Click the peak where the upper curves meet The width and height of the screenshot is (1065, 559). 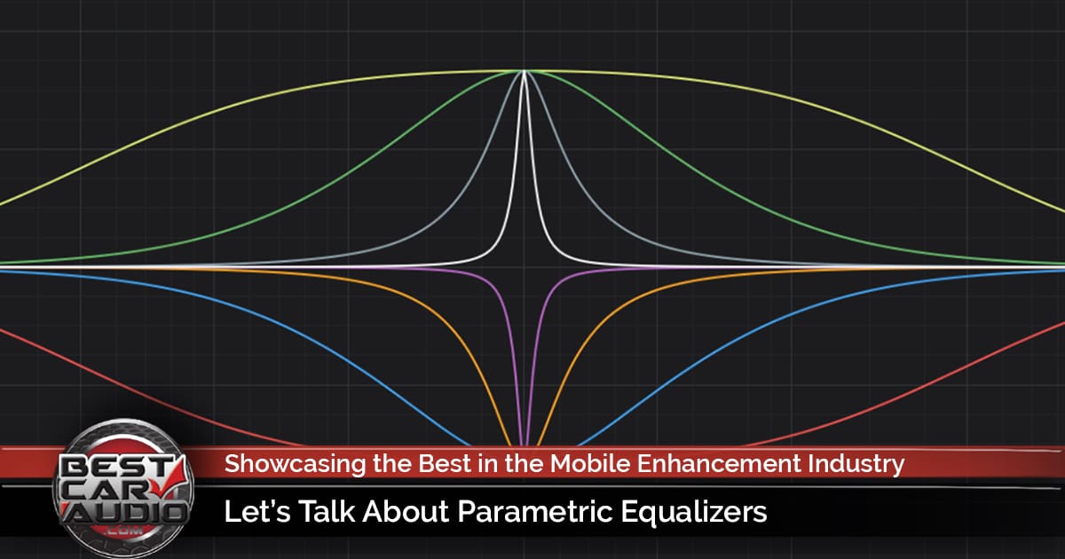click(x=525, y=71)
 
